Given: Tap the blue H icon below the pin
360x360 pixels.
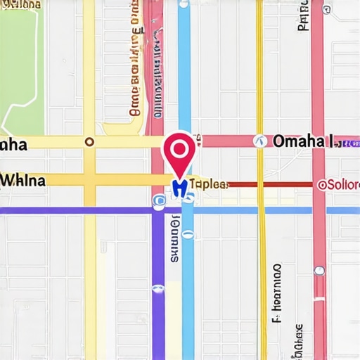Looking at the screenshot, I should [x=179, y=186].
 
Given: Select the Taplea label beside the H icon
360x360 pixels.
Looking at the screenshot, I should [x=209, y=184].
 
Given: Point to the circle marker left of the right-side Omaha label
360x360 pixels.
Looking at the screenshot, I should [x=259, y=141].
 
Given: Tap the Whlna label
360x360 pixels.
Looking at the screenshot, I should [x=23, y=180].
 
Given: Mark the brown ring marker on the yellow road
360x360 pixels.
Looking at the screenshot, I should [x=89, y=141].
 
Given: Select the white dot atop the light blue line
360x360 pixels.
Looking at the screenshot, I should [x=184, y=4].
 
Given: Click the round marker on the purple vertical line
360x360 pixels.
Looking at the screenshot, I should [x=157, y=288].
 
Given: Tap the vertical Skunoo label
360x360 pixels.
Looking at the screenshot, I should [x=175, y=239].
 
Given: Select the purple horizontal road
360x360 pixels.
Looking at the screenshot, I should [x=70, y=210].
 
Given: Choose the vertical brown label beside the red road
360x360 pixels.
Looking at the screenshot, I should [x=134, y=63].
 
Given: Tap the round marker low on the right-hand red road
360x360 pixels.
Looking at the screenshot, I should [x=319, y=270].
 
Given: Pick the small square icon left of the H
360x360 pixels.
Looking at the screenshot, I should [x=160, y=201].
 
